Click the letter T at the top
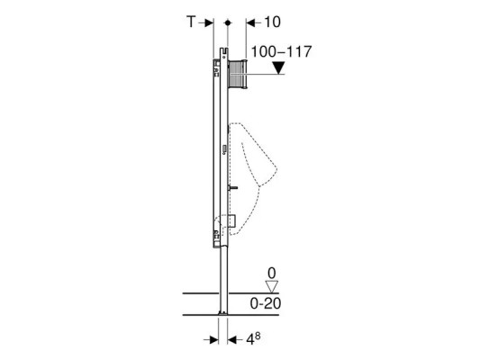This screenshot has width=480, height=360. (191, 22)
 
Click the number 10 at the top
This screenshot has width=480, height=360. (272, 22)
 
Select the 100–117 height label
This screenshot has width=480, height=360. (281, 51)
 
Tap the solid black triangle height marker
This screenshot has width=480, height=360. (278, 67)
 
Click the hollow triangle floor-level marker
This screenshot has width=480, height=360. (272, 286)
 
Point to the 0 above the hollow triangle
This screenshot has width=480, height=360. (272, 273)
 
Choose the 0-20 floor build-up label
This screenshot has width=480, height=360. (266, 303)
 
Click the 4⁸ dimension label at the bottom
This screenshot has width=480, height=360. (253, 339)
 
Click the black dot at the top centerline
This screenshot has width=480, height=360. (228, 22)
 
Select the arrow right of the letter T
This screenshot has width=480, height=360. (205, 22)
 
